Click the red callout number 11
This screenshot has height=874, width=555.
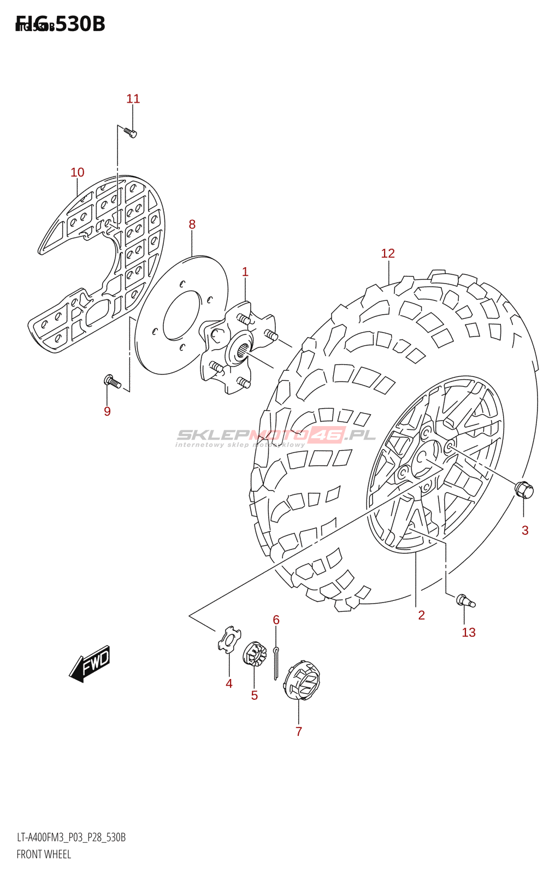[133, 99]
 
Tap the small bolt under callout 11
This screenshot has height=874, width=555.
[130, 132]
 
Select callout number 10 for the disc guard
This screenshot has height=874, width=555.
[78, 173]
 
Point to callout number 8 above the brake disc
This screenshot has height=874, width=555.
[192, 225]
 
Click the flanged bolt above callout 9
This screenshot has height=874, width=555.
[111, 381]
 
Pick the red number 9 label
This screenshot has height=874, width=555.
[108, 411]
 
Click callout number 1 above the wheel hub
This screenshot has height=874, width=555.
[245, 272]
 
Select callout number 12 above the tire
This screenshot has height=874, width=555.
[388, 253]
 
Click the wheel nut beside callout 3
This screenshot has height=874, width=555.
[524, 489]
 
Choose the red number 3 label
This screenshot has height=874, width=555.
[525, 530]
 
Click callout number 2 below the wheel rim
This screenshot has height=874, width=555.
[422, 616]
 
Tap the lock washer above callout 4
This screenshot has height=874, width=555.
[229, 640]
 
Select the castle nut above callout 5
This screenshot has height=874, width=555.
[254, 654]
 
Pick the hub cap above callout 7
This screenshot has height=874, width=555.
[302, 680]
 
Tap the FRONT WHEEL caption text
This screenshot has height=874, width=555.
[44, 854]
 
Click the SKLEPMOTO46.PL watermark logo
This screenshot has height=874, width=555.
[276, 436]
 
